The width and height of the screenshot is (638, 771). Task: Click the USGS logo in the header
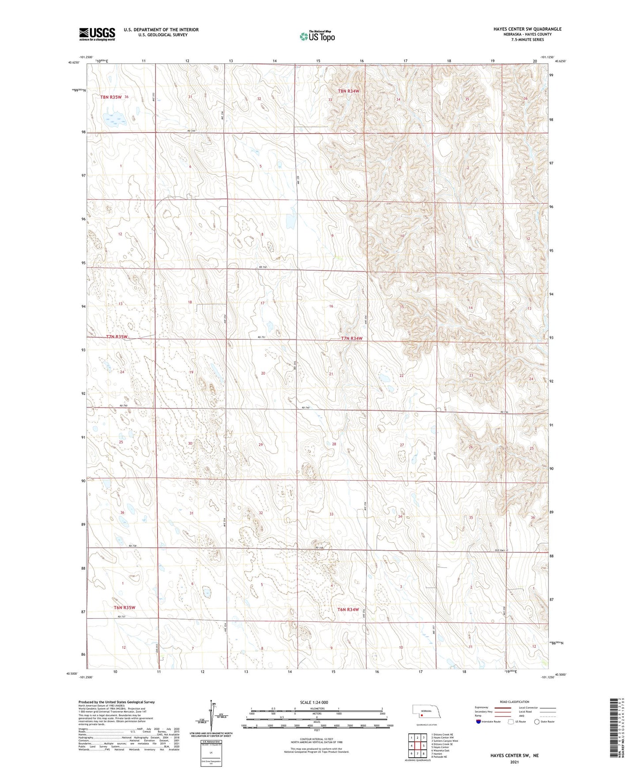tap(97, 34)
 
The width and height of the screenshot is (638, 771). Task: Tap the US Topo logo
tap(317, 36)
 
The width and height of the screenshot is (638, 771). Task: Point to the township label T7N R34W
tap(351, 339)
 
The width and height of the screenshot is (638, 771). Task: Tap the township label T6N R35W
tap(125, 608)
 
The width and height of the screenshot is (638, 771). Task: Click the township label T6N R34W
tap(348, 609)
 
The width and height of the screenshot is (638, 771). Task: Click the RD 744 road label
tap(190, 131)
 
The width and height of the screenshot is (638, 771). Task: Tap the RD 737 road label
tap(122, 617)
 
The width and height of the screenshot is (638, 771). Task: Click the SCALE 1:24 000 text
tap(314, 702)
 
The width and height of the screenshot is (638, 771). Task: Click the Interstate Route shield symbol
tap(479, 722)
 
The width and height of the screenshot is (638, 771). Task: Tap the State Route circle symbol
tap(536, 722)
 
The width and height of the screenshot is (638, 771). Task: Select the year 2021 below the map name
tap(514, 762)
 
